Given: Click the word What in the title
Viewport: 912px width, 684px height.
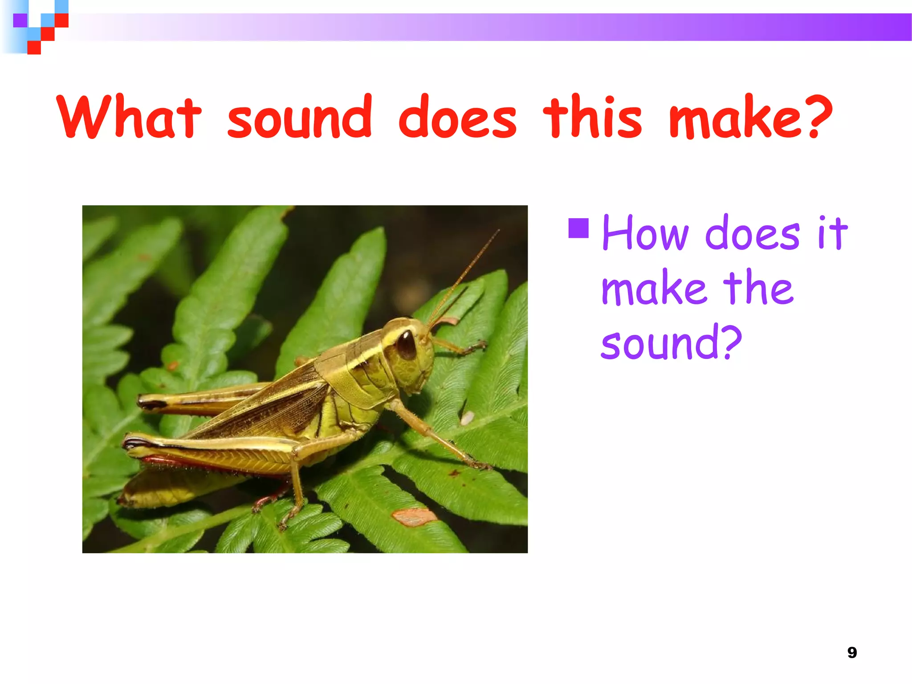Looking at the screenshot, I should pyautogui.click(x=129, y=117).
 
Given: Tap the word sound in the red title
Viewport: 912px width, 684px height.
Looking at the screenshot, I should pyautogui.click(x=299, y=117).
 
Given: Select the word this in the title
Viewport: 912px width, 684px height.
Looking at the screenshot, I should pyautogui.click(x=592, y=117).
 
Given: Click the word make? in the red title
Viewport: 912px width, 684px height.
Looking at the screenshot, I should pyautogui.click(x=750, y=117).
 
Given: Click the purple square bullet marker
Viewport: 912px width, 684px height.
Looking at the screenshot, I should pyautogui.click(x=578, y=228).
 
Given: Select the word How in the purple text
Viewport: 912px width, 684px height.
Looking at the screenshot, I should pyautogui.click(x=645, y=233).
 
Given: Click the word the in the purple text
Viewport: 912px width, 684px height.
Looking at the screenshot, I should pyautogui.click(x=758, y=288).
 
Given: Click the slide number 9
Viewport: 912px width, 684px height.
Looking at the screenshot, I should pyautogui.click(x=851, y=652).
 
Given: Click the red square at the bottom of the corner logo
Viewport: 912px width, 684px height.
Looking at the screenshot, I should pyautogui.click(x=34, y=47).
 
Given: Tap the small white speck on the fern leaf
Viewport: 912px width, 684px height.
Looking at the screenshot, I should pyautogui.click(x=467, y=418).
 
